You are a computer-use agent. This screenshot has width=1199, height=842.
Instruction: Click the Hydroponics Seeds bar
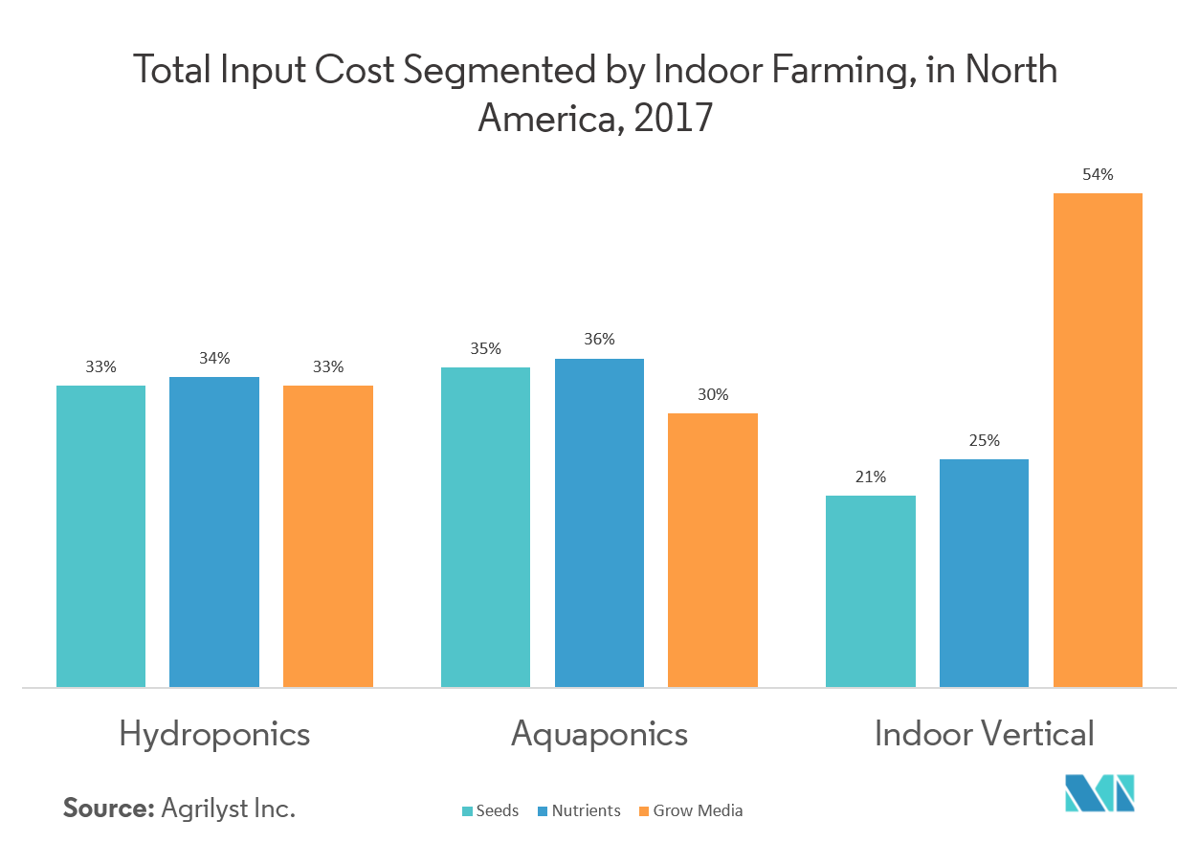point(100,536)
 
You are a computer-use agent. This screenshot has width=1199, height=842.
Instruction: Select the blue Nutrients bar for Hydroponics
point(214,532)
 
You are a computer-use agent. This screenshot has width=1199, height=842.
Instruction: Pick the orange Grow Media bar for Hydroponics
point(327,536)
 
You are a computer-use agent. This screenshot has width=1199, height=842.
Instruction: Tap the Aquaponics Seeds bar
point(485,526)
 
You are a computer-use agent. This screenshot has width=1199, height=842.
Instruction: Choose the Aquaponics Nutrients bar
point(599,522)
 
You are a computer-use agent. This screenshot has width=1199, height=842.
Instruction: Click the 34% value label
point(214,358)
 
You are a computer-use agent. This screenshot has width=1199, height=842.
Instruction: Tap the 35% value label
point(485,348)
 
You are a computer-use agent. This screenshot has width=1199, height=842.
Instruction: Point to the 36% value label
point(599,339)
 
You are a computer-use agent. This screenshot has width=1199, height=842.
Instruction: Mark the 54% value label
point(1098,174)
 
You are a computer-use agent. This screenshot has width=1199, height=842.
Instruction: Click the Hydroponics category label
point(214,734)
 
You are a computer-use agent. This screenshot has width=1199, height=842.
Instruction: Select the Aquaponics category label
point(599,734)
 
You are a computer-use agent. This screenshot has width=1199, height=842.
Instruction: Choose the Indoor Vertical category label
point(984,734)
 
